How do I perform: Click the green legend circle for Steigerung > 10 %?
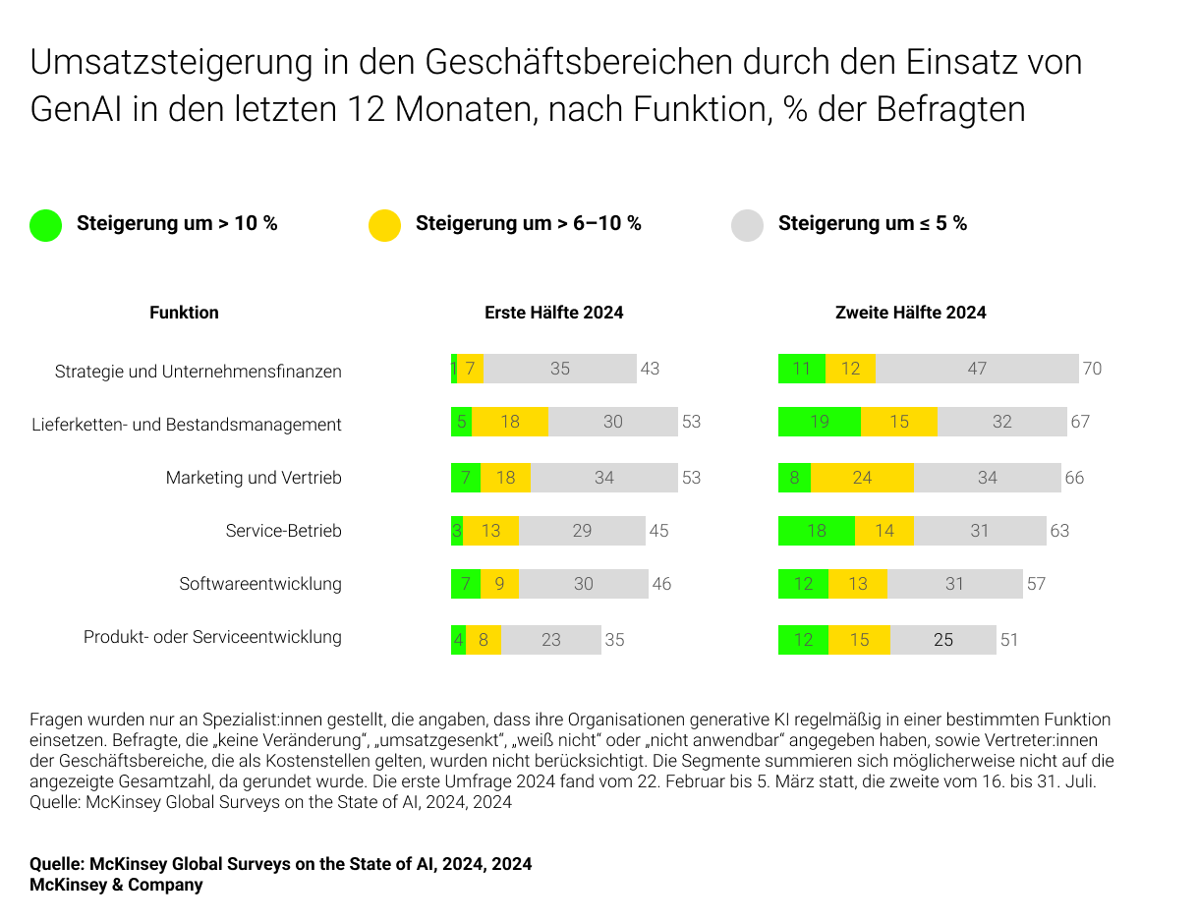[45, 225]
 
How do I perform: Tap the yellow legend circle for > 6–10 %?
[384, 225]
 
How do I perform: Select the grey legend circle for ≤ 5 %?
[747, 225]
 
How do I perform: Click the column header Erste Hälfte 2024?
[553, 313]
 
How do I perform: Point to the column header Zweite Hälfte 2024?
[910, 313]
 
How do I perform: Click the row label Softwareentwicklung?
[260, 584]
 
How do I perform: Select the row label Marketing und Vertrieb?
[254, 478]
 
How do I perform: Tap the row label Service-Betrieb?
[283, 531]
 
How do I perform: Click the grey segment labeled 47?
[977, 369]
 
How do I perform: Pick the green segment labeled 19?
[820, 422]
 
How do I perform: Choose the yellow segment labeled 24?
[862, 478]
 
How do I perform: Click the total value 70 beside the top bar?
[1092, 369]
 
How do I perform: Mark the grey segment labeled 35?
[560, 369]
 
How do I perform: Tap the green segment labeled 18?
[816, 531]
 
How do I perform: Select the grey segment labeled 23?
[551, 640]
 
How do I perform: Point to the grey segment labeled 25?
[942, 640]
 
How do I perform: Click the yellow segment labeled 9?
[499, 584]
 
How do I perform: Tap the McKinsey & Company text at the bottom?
[116, 885]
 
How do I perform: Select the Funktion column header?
[184, 313]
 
